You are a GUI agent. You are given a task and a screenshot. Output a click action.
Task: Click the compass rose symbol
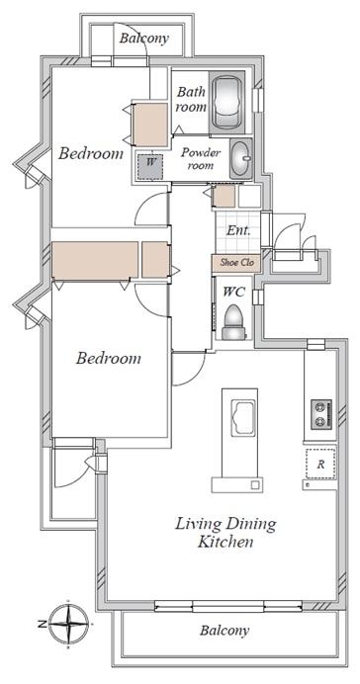(x=68, y=625)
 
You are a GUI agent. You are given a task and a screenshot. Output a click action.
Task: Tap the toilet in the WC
(x=234, y=322)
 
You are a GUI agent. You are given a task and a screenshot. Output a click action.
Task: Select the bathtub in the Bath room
(x=226, y=102)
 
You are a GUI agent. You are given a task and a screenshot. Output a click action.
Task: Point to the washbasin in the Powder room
(x=241, y=158)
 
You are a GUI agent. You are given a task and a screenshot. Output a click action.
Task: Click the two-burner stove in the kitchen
(x=321, y=413)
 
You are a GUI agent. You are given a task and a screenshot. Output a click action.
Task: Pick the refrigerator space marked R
(x=320, y=464)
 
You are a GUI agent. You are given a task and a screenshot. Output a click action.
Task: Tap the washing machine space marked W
(x=148, y=167)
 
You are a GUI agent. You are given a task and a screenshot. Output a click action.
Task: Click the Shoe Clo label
(x=236, y=263)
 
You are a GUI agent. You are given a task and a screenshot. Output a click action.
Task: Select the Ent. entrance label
(x=238, y=230)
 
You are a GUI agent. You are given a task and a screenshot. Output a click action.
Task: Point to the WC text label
(x=233, y=292)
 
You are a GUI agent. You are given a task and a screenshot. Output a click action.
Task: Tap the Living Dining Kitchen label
(x=225, y=532)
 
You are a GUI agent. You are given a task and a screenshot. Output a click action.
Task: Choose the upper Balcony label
(x=144, y=39)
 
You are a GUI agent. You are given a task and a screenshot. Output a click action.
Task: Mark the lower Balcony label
(x=225, y=631)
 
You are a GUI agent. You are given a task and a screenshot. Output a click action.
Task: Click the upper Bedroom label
(x=91, y=153)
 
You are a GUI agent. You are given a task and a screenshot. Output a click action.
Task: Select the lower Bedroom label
(x=108, y=358)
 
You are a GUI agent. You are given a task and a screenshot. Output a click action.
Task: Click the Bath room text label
(x=191, y=99)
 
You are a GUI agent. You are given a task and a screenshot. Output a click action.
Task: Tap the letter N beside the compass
(x=42, y=625)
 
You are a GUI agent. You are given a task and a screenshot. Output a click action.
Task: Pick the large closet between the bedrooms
(x=95, y=260)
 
